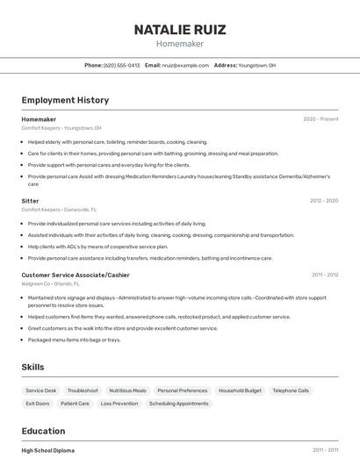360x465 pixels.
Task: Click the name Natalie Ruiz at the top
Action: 180,29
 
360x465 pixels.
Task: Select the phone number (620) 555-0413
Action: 121,65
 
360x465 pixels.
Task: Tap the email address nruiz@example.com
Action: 185,65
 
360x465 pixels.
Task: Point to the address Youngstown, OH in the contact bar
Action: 257,65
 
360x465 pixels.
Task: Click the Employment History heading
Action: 65,100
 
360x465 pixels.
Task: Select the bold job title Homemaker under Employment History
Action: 39,119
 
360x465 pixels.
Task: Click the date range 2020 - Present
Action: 320,119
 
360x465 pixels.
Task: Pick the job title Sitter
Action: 30,201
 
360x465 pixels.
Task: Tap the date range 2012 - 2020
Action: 323,201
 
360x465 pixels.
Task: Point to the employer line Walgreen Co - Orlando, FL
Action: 50,284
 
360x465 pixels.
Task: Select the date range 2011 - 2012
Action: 324,275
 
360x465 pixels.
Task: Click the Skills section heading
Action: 32,367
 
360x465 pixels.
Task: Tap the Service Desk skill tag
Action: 40,390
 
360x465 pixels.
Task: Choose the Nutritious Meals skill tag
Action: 127,390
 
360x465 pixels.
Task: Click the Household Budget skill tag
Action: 240,390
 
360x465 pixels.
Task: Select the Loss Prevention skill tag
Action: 119,404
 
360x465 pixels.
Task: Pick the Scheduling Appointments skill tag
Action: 178,404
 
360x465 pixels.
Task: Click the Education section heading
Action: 43,431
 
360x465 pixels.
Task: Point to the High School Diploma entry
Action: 48,450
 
